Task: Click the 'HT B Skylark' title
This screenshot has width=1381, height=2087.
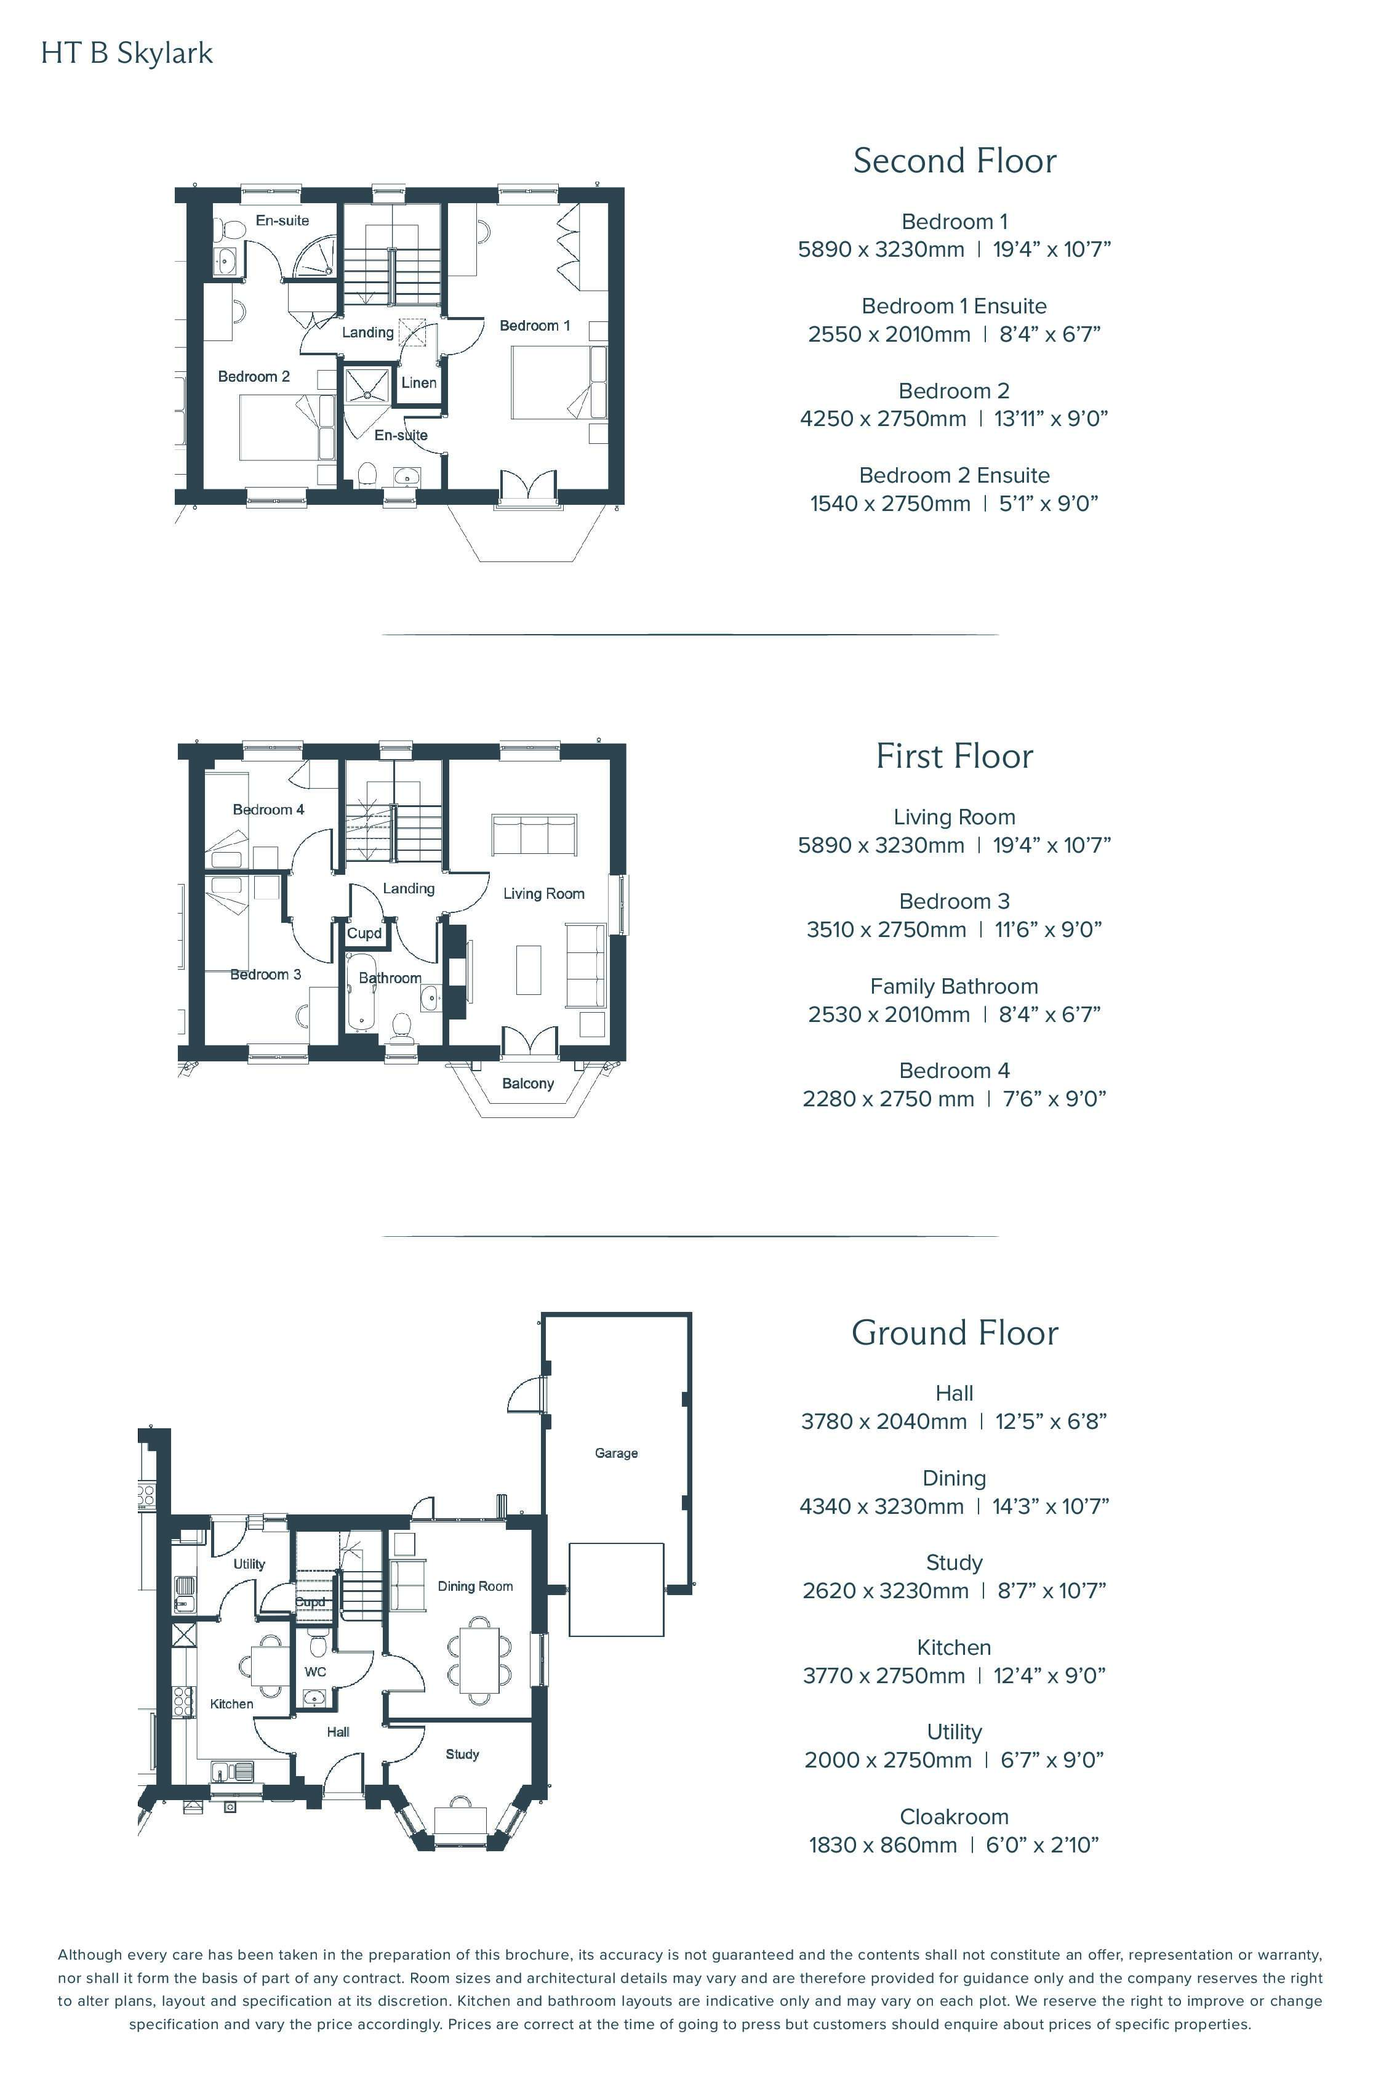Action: (127, 54)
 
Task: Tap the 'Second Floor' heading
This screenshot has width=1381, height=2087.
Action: (955, 161)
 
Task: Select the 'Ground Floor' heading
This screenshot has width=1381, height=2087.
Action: (955, 1333)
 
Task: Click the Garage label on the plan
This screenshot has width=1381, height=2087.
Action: (617, 1453)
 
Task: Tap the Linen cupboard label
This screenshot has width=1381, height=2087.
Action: (418, 382)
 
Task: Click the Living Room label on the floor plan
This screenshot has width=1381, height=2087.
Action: (543, 893)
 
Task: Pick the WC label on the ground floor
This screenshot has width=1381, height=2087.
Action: (315, 1671)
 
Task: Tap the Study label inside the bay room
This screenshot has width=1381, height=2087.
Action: (462, 1754)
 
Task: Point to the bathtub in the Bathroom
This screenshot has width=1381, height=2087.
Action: (361, 989)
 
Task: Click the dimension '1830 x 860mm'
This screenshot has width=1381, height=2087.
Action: (883, 1844)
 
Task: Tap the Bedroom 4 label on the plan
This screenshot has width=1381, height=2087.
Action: (268, 810)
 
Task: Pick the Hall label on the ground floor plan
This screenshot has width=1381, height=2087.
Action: (338, 1732)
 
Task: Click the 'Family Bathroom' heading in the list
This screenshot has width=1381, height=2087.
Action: (954, 987)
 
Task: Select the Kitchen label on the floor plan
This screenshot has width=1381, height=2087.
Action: (231, 1704)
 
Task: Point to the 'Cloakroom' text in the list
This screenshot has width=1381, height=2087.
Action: (954, 1817)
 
